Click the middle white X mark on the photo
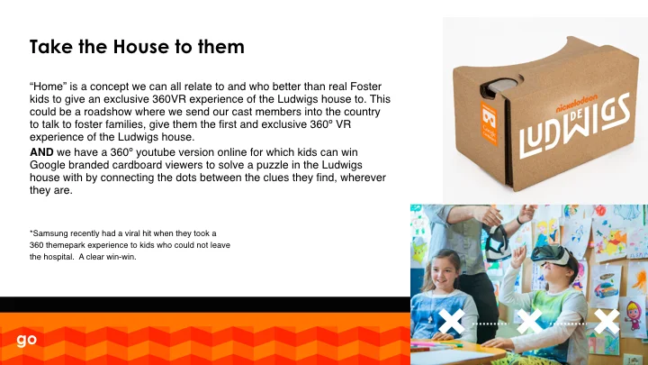(530, 322)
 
